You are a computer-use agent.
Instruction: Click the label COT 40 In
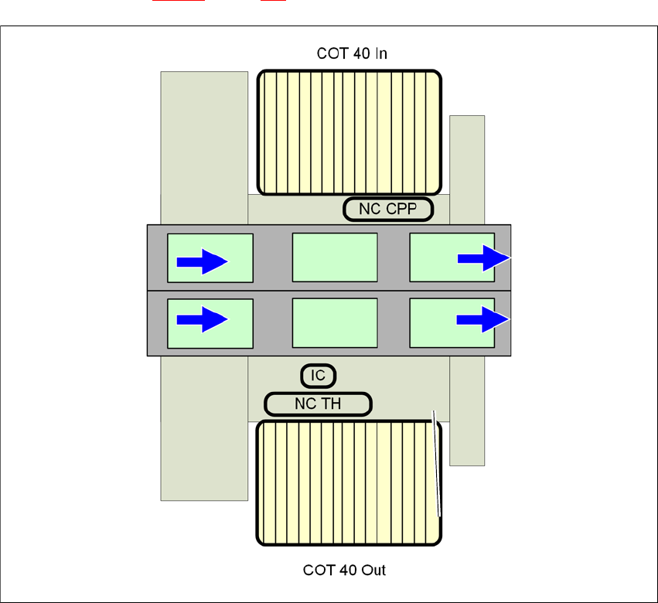click(x=352, y=53)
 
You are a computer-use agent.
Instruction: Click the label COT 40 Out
click(x=344, y=571)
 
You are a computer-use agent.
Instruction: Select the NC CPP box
click(x=387, y=209)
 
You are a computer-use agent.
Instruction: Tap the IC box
click(x=318, y=376)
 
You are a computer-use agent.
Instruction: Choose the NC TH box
click(x=318, y=404)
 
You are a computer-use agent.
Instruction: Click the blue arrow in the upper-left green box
click(x=202, y=262)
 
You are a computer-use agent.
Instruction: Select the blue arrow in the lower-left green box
click(x=202, y=319)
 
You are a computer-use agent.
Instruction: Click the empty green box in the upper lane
click(x=334, y=257)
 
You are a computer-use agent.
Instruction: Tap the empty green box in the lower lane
click(x=334, y=322)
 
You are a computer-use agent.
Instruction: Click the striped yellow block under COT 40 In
click(x=349, y=132)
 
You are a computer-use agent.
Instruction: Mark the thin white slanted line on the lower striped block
click(x=437, y=464)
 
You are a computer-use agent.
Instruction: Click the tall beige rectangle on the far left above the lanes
click(x=204, y=147)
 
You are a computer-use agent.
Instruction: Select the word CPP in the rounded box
click(x=402, y=209)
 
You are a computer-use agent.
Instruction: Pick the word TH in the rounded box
click(x=332, y=404)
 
